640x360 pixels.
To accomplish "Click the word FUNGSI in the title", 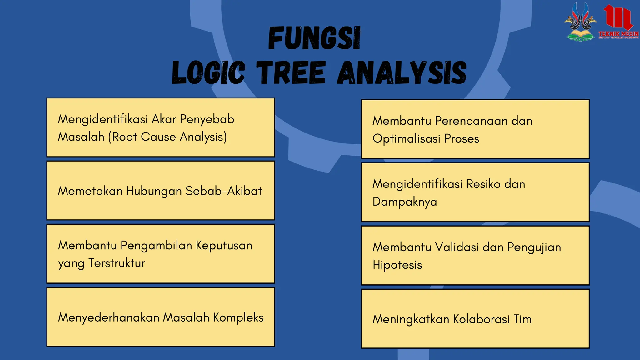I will pos(314,39).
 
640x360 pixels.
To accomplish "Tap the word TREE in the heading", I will pos(291,73).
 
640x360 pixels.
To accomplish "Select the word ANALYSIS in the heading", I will pos(402,73).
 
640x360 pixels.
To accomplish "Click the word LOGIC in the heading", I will pos(208,73).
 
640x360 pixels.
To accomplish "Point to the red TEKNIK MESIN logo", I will pos(618,22).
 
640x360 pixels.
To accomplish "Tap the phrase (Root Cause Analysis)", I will pos(167,137).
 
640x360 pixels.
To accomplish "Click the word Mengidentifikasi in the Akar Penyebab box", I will pos(103,119).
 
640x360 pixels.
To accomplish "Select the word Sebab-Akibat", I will pos(224,191).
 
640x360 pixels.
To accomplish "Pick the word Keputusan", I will pos(224,246).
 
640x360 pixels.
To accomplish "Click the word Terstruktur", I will pos(117,263).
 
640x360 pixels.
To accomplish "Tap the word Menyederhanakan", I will pos(109,317).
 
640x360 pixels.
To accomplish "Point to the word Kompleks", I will pos(238,317).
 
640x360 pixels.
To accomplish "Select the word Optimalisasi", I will pos(406,138).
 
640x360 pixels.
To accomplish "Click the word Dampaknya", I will pos(405,202).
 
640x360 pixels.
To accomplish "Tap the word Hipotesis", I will pos(397,265).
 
